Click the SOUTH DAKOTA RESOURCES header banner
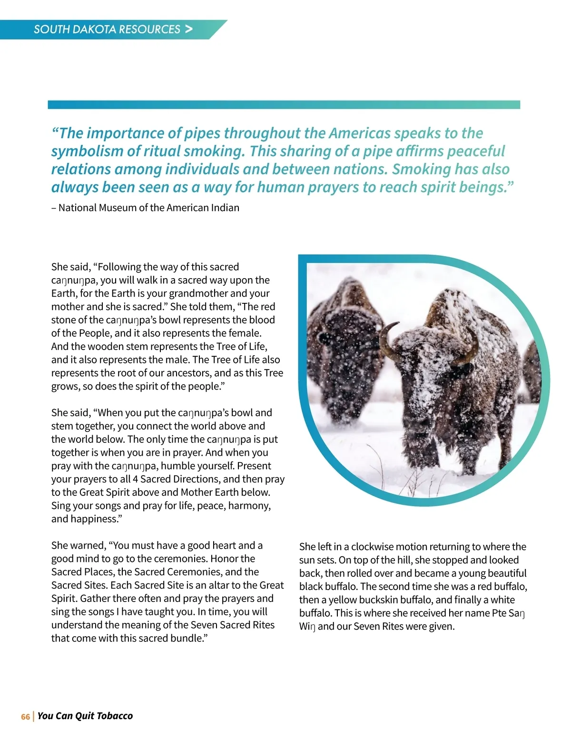(x=107, y=30)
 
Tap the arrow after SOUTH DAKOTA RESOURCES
(x=189, y=29)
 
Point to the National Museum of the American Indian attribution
(x=145, y=208)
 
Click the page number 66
(x=25, y=717)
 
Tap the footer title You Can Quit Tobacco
(x=85, y=716)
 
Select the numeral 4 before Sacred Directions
(x=136, y=479)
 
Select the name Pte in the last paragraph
(x=499, y=613)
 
